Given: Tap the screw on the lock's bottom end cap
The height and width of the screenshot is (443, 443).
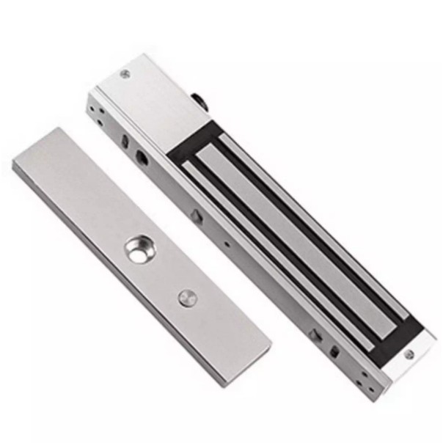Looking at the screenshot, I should (x=409, y=355).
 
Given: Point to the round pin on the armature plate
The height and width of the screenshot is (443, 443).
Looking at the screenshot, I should (x=187, y=298).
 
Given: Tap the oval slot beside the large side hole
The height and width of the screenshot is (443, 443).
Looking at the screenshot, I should (x=125, y=140).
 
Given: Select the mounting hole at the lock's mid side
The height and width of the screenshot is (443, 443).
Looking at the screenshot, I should (x=197, y=216).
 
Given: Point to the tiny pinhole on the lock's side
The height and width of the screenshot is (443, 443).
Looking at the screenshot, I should (x=227, y=245).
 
